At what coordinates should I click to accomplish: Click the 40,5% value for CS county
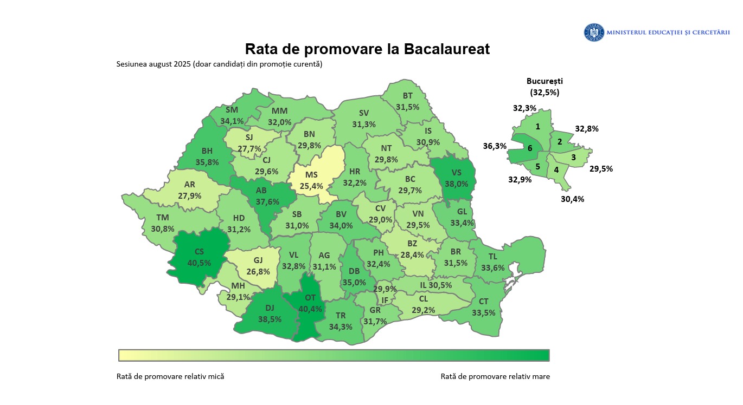point(197,263)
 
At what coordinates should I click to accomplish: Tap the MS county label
point(311,175)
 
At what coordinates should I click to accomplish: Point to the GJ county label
point(258,260)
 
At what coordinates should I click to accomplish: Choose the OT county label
point(310,297)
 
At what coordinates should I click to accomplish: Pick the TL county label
point(492,256)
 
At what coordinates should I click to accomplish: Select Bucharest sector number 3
point(573,158)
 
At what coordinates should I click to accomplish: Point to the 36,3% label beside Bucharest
point(495,146)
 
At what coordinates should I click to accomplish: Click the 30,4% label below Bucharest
point(572,199)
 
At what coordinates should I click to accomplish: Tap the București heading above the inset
point(545,81)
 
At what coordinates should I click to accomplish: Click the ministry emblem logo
point(594,32)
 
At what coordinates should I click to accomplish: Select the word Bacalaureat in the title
point(447,49)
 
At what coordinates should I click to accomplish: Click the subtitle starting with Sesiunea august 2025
point(219,64)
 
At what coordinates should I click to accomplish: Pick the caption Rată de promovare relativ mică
point(170,376)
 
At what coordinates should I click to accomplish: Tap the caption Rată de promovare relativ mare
point(495,376)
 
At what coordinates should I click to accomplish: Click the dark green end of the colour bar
point(542,355)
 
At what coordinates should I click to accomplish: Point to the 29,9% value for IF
point(384,289)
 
